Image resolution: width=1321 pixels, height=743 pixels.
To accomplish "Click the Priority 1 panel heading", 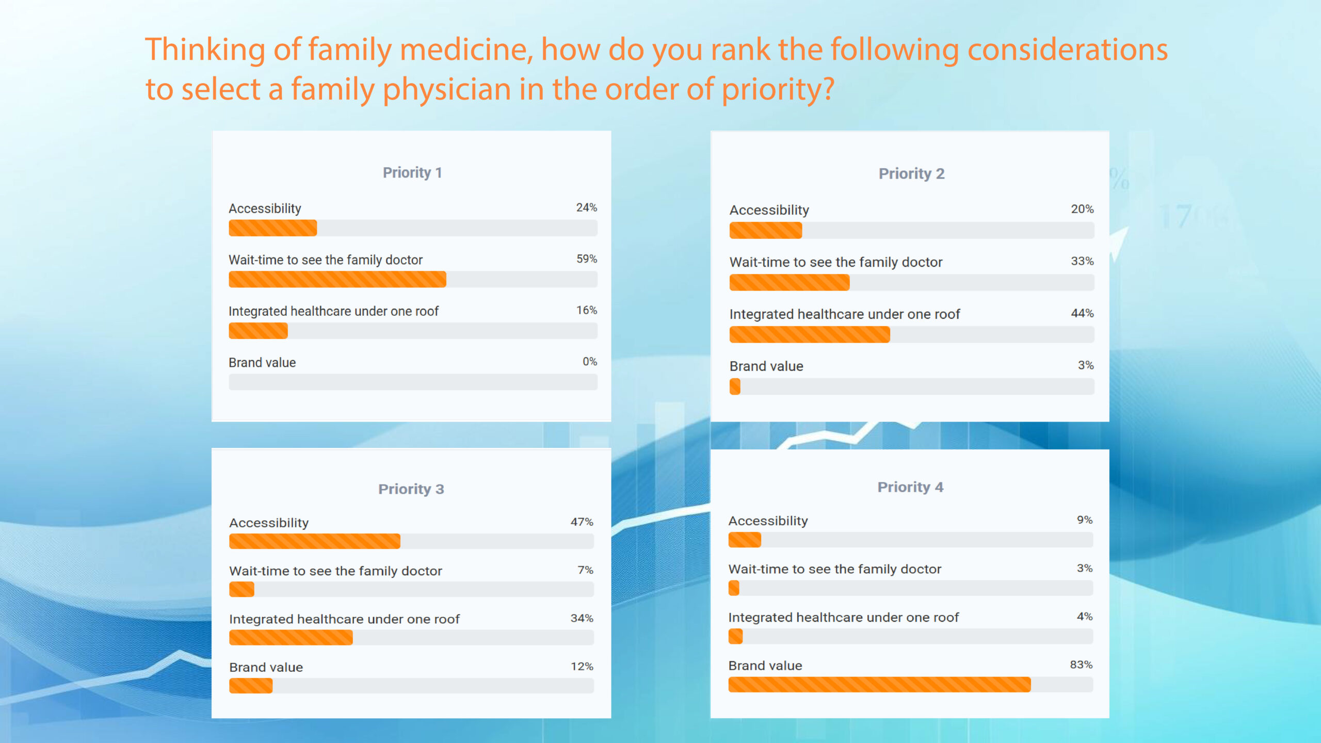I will [x=412, y=172].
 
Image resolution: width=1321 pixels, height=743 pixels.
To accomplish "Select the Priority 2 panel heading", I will [x=911, y=173].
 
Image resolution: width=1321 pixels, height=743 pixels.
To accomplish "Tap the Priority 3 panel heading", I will [x=411, y=489].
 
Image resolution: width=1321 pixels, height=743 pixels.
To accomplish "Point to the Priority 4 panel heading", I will [x=910, y=487].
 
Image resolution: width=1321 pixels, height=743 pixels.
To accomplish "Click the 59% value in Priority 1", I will [x=586, y=259].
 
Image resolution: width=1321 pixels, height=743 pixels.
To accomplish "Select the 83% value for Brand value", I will [x=1081, y=665].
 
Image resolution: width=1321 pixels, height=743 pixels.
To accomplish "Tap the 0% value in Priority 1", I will [x=589, y=361].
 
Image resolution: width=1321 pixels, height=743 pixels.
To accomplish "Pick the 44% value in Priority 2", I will [x=1082, y=313].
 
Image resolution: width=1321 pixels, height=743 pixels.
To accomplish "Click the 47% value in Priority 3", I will [x=582, y=522].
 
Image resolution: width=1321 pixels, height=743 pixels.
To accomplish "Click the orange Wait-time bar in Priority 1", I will [x=337, y=279].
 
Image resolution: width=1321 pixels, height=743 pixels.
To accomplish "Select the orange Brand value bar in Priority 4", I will [x=879, y=685].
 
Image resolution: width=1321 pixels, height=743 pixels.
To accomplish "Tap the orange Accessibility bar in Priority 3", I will [x=314, y=541].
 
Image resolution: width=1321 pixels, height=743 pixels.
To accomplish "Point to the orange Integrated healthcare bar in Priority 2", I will [x=809, y=335].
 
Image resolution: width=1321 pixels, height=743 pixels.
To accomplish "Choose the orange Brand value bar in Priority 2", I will [x=735, y=386].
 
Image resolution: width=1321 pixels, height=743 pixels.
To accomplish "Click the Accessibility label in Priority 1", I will [x=265, y=208].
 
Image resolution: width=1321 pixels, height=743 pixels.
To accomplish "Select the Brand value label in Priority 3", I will [x=266, y=667].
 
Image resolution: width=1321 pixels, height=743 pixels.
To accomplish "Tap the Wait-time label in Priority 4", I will [x=834, y=569].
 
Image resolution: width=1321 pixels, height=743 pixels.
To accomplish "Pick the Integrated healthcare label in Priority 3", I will [x=344, y=619].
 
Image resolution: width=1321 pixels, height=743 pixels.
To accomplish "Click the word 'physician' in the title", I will [x=446, y=89].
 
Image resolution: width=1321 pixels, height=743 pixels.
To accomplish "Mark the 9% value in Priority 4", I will [x=1084, y=520].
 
